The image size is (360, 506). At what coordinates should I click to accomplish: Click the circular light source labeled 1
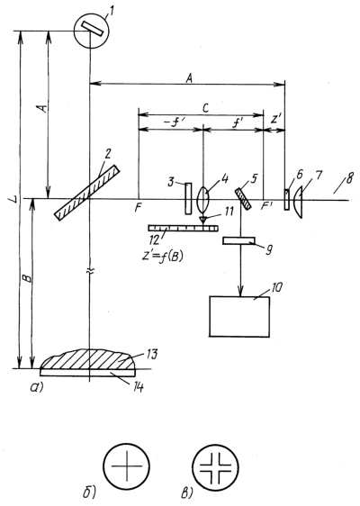point(92,31)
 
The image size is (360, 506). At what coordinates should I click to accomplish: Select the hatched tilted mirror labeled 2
point(86,193)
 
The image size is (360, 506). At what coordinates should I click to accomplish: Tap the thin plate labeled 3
point(188,198)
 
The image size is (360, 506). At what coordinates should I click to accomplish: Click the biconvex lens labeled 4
point(202,198)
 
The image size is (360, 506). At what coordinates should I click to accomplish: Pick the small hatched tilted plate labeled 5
point(243,199)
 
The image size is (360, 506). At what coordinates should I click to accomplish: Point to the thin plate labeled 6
point(286,200)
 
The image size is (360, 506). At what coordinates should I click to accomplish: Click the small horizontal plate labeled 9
point(238,240)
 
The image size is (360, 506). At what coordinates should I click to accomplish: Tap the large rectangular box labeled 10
point(239,317)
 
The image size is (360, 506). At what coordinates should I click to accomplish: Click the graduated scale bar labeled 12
point(184,228)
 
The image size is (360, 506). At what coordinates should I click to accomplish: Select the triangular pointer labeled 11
point(202,221)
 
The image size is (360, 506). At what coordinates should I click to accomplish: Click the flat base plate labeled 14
point(87,373)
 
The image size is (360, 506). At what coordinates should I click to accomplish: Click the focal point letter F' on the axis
point(265,207)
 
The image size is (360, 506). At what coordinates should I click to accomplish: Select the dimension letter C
point(205,108)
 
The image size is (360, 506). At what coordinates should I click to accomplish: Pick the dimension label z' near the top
point(274,120)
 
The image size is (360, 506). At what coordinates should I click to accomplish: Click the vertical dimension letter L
point(13,201)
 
